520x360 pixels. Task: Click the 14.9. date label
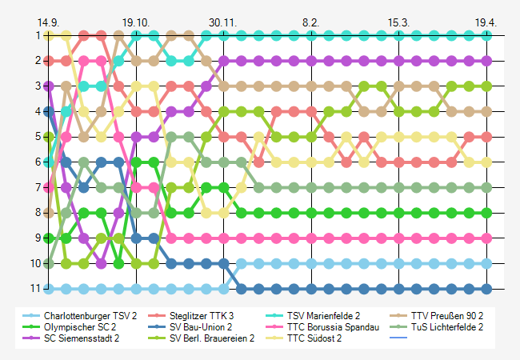click(x=48, y=22)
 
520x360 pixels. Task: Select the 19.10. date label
click(x=136, y=22)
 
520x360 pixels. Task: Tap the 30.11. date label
click(x=223, y=22)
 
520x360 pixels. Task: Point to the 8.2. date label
click(x=310, y=22)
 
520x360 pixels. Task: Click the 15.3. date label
click(x=398, y=22)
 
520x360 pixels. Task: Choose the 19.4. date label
click(x=486, y=22)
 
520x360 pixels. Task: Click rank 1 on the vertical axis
click(x=38, y=35)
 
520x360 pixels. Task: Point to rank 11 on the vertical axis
click(x=36, y=289)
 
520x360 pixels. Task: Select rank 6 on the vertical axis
click(x=38, y=162)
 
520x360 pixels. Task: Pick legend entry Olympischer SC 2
click(x=80, y=327)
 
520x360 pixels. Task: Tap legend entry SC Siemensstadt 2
click(x=82, y=338)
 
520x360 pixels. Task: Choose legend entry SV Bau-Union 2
click(x=201, y=327)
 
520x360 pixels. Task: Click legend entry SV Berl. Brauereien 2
click(x=212, y=338)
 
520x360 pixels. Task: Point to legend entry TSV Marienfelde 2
click(x=323, y=316)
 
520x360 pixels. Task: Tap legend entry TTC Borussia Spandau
click(x=332, y=327)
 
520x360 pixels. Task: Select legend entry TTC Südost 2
click(x=314, y=338)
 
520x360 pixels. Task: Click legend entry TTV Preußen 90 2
click(x=446, y=316)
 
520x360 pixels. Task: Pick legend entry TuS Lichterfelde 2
click(x=446, y=327)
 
